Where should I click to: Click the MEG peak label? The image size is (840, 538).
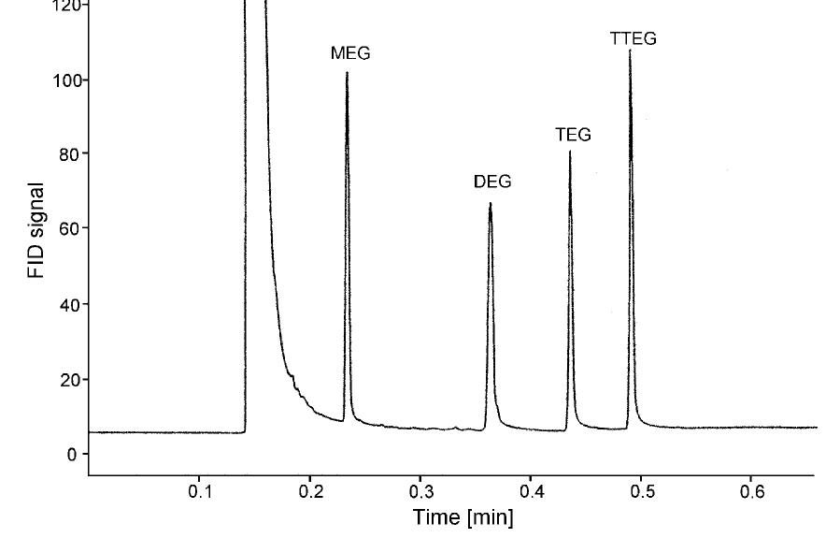pyautogui.click(x=350, y=53)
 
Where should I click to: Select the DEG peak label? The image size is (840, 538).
pyautogui.click(x=492, y=182)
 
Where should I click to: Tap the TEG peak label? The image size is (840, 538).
pyautogui.click(x=573, y=135)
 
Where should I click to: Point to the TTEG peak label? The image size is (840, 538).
pyautogui.click(x=634, y=38)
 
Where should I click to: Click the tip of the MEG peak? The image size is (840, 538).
pyautogui.click(x=347, y=72)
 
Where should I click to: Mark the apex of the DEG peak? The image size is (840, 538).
pyautogui.click(x=490, y=203)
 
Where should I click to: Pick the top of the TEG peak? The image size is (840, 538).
pyautogui.click(x=570, y=152)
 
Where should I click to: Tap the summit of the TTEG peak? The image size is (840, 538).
pyautogui.click(x=630, y=51)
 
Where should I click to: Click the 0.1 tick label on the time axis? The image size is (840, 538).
pyautogui.click(x=200, y=492)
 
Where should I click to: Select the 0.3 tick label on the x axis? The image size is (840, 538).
pyautogui.click(x=420, y=492)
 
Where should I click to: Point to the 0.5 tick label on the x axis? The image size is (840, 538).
pyautogui.click(x=641, y=492)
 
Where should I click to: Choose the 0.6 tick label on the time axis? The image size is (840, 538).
pyautogui.click(x=751, y=492)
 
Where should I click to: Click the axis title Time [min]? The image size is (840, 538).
pyautogui.click(x=463, y=517)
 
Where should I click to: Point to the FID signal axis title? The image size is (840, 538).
pyautogui.click(x=36, y=229)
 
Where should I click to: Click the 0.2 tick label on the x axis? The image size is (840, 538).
pyautogui.click(x=310, y=492)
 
